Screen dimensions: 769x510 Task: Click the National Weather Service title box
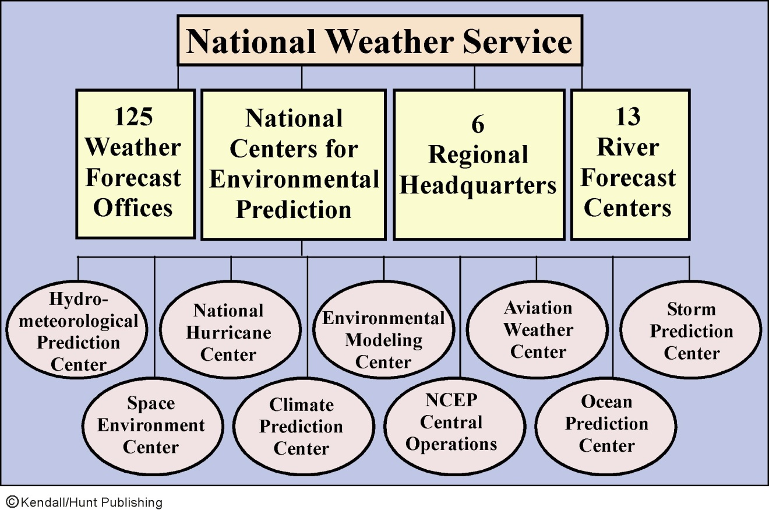(x=380, y=40)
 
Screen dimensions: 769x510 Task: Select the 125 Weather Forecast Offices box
(x=135, y=164)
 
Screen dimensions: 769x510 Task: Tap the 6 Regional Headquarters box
(x=479, y=164)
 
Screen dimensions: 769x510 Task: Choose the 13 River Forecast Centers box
(x=630, y=164)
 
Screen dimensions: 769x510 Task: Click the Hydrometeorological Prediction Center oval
(x=77, y=330)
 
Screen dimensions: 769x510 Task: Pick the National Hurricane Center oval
(x=230, y=330)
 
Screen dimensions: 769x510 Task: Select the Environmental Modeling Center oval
(x=383, y=330)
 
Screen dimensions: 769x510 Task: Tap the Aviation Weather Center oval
(x=537, y=330)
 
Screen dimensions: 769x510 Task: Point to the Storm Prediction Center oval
(x=691, y=330)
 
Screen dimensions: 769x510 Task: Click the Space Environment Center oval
(x=153, y=426)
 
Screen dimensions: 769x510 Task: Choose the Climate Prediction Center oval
(x=304, y=426)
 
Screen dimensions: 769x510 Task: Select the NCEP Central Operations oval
(x=454, y=426)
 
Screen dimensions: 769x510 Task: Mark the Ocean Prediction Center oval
(x=606, y=426)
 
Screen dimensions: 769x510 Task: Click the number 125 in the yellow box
(x=133, y=117)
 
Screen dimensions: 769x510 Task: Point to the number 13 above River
(x=628, y=117)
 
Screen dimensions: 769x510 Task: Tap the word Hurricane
(x=228, y=333)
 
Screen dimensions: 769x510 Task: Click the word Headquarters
(x=478, y=186)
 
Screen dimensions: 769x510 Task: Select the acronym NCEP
(x=451, y=400)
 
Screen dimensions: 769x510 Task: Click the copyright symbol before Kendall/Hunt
(x=12, y=502)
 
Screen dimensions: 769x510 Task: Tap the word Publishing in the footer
(x=132, y=503)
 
